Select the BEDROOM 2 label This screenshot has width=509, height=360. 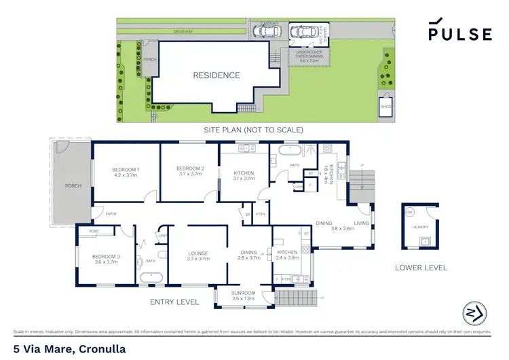point(190,168)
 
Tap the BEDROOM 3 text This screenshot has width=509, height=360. point(106,256)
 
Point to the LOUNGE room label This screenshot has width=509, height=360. point(197,254)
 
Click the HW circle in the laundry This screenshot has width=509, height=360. point(409,213)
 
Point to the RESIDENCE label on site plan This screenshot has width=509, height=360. point(216,75)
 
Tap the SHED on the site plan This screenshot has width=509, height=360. point(386,105)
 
